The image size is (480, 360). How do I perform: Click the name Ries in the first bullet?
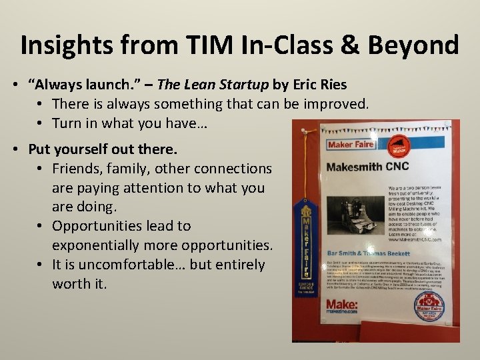pyautogui.click(x=332, y=84)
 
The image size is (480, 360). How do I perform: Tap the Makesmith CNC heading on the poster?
pyautogui.click(x=367, y=167)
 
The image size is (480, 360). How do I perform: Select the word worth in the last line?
pyautogui.click(x=73, y=284)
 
